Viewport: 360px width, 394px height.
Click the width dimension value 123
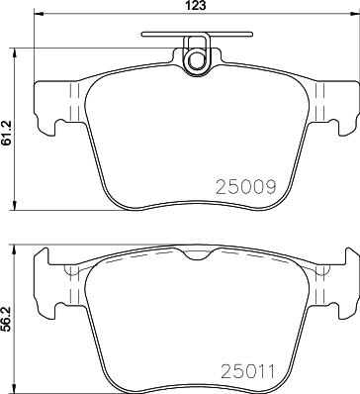pos(196,5)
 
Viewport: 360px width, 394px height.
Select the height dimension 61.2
pos(6,133)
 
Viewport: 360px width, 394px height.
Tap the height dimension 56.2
pos(6,319)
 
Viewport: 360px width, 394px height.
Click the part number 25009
pos(245,187)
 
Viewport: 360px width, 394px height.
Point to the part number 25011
pos(247,371)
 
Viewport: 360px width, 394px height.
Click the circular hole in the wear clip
pos(197,59)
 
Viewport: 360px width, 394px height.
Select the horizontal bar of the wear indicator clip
pos(197,34)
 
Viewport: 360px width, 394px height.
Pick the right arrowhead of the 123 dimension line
pos(355,14)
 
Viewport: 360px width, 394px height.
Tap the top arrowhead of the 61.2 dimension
pos(14,52)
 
